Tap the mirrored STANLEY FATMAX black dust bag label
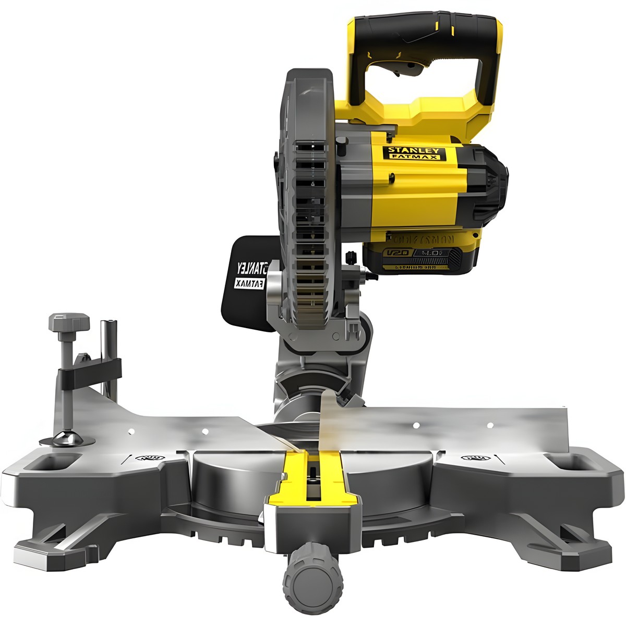point(251,275)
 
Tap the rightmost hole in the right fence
point(490,425)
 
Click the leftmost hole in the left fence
point(131,431)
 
